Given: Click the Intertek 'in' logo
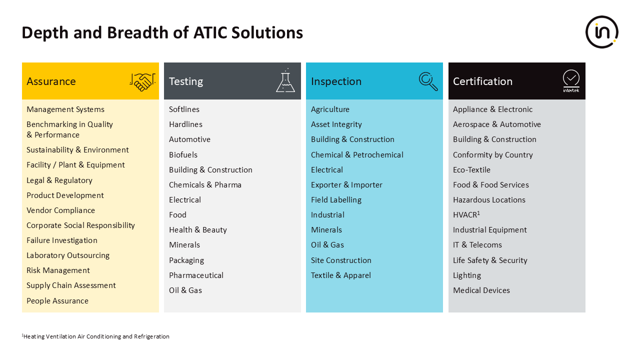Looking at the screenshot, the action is [x=602, y=32].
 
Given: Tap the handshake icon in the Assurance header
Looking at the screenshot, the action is [x=142, y=82].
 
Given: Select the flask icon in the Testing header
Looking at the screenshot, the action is [x=285, y=80].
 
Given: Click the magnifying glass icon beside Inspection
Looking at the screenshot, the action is [x=428, y=81].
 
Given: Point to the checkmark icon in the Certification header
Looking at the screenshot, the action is [x=571, y=81].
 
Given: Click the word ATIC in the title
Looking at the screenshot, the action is [x=210, y=32].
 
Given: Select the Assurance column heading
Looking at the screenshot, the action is [x=51, y=81].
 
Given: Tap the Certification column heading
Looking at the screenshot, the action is [x=482, y=81].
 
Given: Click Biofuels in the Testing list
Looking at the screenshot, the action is [x=183, y=155].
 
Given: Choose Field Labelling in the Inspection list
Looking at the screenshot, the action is [x=336, y=200].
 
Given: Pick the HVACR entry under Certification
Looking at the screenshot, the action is [x=466, y=214].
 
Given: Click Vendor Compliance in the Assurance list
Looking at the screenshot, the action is [x=60, y=210].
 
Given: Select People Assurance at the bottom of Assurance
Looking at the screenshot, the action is [x=57, y=301].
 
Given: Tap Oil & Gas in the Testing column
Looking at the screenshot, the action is [x=185, y=290].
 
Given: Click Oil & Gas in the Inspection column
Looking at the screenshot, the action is [x=327, y=245].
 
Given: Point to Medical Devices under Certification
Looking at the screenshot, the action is [x=481, y=290].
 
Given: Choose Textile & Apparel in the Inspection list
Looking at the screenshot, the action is [x=341, y=275].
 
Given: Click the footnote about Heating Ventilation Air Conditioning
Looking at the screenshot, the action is [x=95, y=336].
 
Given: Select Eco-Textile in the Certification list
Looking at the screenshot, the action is [x=471, y=170].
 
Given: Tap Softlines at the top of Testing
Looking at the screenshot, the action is [x=184, y=109].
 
